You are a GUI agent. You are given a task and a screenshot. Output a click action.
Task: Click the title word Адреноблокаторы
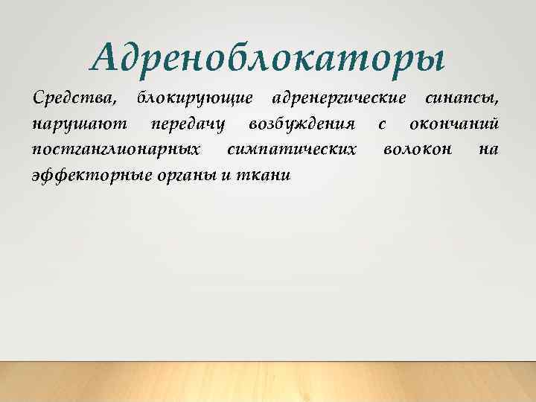(267, 57)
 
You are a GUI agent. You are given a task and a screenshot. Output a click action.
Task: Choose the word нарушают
(79, 123)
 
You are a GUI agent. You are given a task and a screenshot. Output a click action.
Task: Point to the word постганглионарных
(115, 149)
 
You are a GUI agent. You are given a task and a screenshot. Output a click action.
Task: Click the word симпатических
(290, 149)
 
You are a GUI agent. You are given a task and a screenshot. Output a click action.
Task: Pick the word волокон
(417, 149)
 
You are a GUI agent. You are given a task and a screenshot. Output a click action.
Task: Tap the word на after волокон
(488, 149)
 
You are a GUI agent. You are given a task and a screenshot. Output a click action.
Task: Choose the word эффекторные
(89, 175)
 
